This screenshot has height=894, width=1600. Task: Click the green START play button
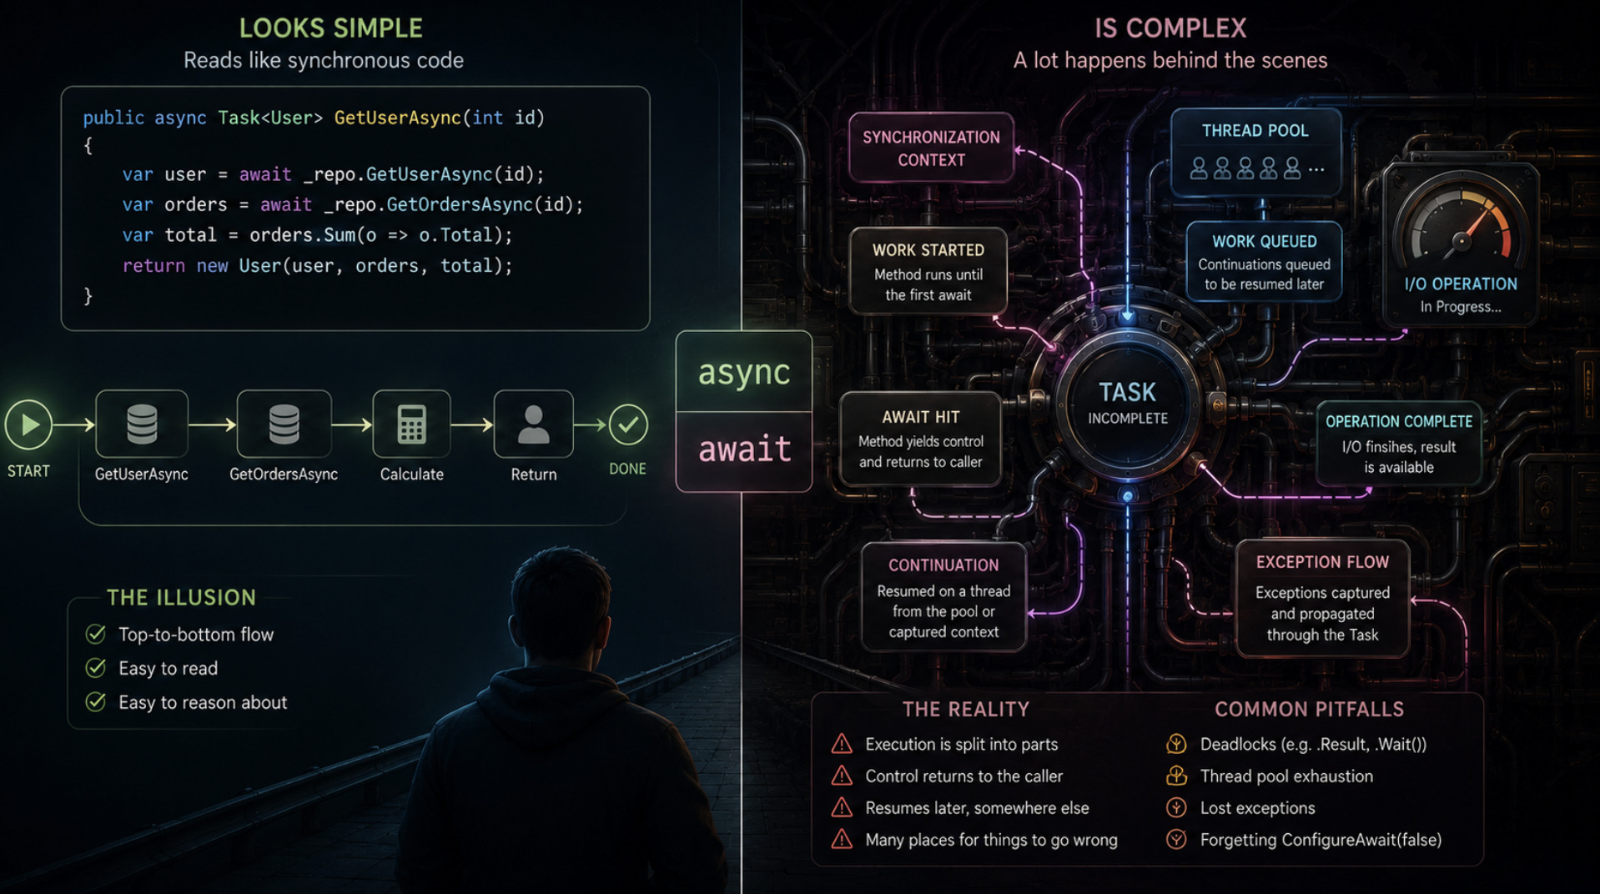(29, 424)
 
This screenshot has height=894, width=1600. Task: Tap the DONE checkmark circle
(628, 424)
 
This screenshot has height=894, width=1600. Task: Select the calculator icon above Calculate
(411, 424)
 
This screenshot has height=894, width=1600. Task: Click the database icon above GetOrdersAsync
(284, 424)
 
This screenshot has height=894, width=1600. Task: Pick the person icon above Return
(534, 424)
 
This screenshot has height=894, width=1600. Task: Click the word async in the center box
(743, 372)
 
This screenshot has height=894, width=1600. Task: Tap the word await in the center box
(744, 449)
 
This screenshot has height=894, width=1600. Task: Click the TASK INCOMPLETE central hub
(1128, 403)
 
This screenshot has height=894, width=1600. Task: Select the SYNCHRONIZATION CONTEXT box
(931, 148)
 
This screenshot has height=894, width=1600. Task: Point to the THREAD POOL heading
(1255, 130)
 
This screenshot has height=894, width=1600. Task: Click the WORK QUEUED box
(1264, 262)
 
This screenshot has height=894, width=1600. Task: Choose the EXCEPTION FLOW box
(1322, 598)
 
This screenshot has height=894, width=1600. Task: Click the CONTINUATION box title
(943, 565)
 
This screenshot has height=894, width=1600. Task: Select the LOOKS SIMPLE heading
(330, 28)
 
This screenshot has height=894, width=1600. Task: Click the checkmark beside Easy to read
(96, 668)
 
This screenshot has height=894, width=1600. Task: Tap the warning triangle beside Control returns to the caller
(842, 776)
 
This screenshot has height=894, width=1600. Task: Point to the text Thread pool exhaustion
(1286, 776)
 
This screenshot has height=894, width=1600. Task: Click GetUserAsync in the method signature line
(397, 118)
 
